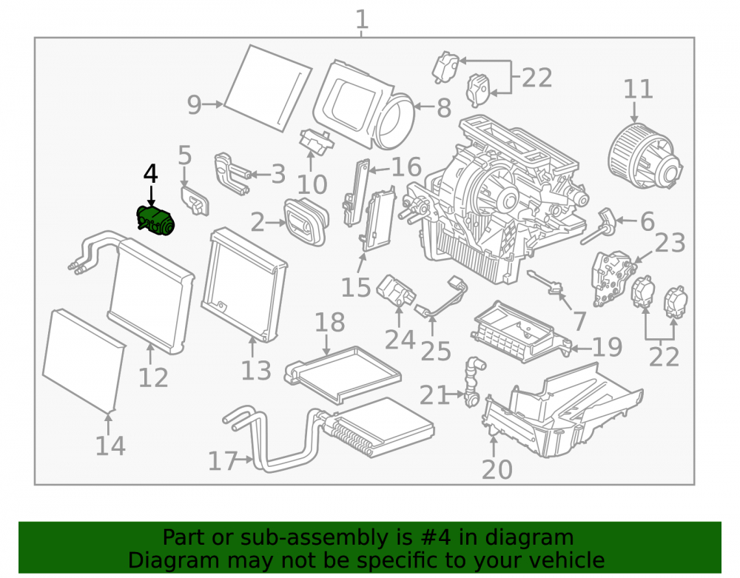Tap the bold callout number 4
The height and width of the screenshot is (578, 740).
[150, 174]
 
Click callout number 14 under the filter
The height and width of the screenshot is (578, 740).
[110, 446]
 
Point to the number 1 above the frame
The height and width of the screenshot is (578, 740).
[362, 20]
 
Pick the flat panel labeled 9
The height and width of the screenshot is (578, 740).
[268, 89]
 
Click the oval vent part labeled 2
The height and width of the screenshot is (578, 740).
[306, 222]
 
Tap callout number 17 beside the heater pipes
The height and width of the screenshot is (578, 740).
[223, 461]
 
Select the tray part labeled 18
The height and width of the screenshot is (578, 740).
[343, 374]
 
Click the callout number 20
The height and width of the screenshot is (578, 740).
[497, 469]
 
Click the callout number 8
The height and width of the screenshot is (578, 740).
[443, 108]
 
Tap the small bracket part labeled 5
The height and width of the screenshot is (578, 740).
[195, 201]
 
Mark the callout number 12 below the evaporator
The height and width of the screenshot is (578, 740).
[153, 378]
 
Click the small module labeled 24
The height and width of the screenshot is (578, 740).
[396, 290]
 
